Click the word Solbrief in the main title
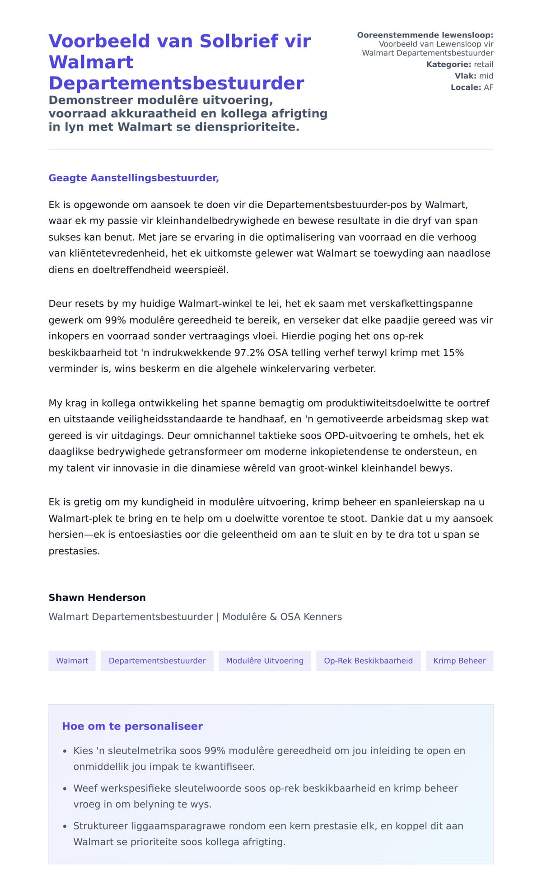point(239,41)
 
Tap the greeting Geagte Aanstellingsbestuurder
point(134,178)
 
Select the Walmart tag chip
point(72,661)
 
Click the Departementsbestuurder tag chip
point(157,661)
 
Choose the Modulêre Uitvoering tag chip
point(265,661)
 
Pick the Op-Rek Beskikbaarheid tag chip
point(368,661)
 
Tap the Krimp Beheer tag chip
point(459,661)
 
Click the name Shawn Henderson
point(97,598)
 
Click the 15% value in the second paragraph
point(453,353)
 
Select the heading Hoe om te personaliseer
point(132,726)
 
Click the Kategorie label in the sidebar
point(449,65)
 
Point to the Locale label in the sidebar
point(466,88)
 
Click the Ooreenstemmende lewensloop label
point(425,35)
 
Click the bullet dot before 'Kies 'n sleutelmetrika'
point(65,751)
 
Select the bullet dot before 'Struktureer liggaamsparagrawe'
point(65,826)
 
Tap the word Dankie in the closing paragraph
point(388,519)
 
